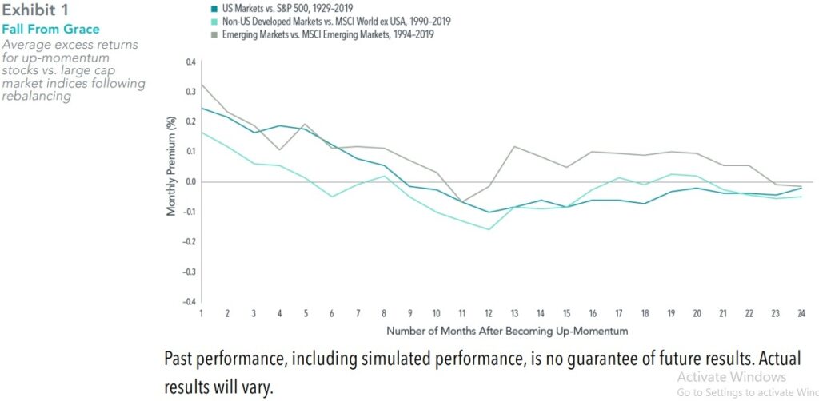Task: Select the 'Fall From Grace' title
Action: [x=51, y=30]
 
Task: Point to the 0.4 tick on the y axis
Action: [x=190, y=62]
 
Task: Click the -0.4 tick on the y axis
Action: [x=188, y=302]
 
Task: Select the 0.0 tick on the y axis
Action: [x=190, y=181]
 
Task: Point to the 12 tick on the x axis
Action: [x=488, y=312]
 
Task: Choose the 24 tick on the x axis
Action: [x=802, y=312]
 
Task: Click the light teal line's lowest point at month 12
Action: [x=488, y=229]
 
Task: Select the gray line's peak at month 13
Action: [x=514, y=146]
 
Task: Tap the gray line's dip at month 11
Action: [x=461, y=202]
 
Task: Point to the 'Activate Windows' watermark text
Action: [x=731, y=377]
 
